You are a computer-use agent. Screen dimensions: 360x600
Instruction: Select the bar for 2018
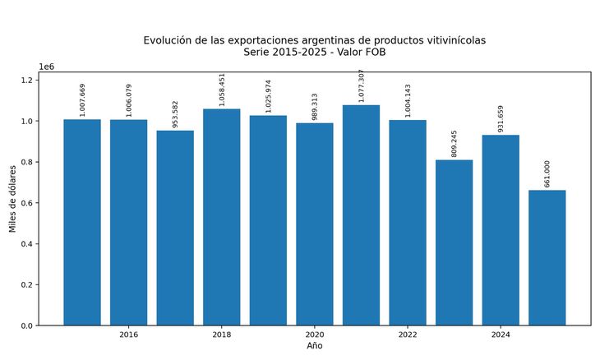point(222,217)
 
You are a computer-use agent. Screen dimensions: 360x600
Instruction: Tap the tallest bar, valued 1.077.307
point(361,215)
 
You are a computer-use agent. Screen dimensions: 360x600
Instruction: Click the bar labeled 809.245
point(455,242)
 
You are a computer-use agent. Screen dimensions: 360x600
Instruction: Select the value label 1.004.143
point(408,100)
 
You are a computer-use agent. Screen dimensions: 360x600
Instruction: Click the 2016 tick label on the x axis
point(128,335)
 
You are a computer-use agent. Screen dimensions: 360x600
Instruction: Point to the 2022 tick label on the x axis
point(408,335)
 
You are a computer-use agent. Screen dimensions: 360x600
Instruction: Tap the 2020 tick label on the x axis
point(315,335)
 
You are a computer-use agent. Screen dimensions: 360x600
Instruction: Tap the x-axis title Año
point(315,346)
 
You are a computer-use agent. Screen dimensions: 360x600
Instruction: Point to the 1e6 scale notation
point(48,67)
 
